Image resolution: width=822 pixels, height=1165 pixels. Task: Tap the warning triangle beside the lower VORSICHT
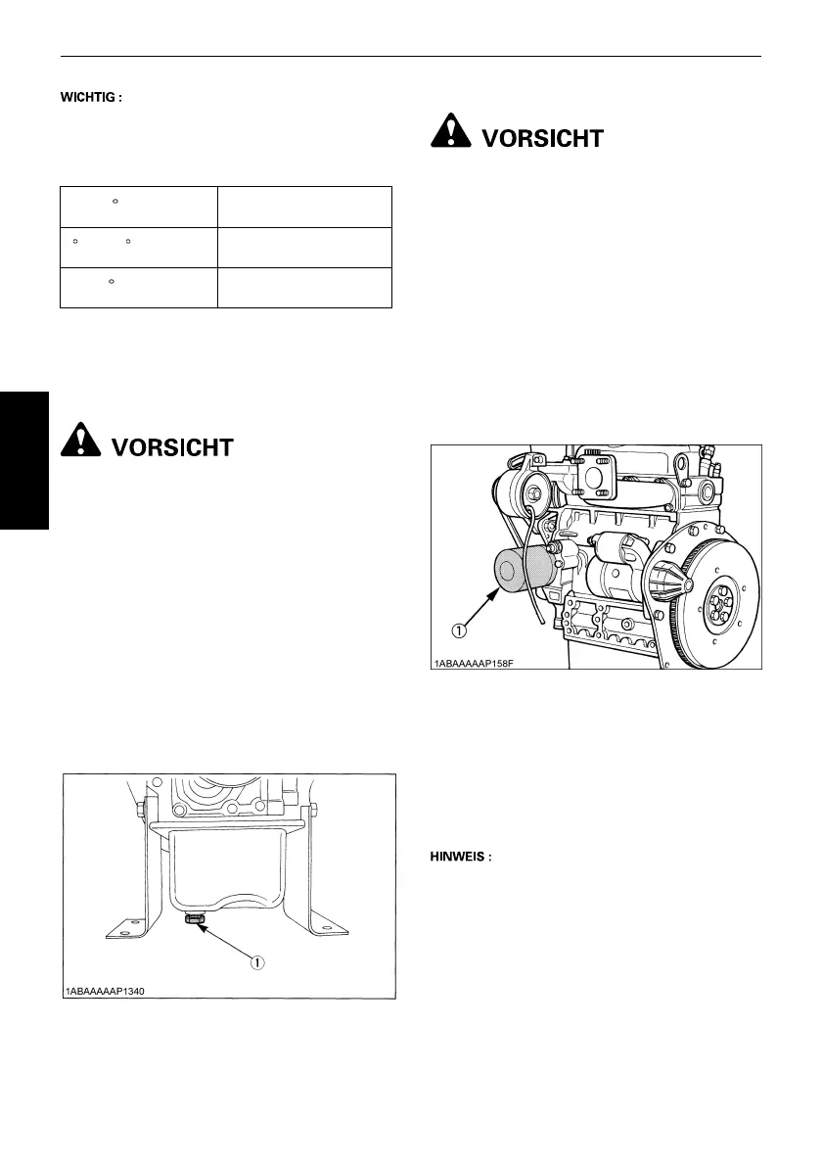point(81,443)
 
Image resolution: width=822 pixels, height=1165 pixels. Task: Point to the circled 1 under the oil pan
point(257,962)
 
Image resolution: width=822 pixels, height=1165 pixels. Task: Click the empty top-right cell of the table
point(303,206)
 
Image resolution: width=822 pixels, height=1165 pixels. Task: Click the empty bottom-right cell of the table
point(303,288)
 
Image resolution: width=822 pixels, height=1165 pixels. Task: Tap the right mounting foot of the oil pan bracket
point(333,928)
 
